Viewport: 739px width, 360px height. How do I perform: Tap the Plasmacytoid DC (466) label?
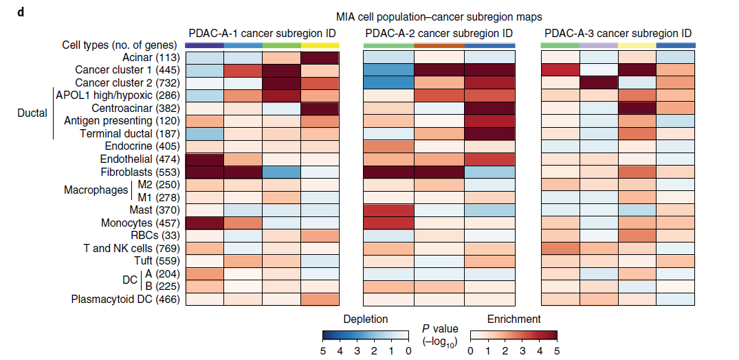click(x=126, y=299)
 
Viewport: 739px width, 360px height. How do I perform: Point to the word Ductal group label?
click(x=32, y=113)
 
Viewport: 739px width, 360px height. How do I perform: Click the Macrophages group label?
click(x=96, y=190)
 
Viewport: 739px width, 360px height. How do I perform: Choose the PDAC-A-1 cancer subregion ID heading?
click(x=263, y=33)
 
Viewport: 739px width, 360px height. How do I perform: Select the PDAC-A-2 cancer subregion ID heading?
click(x=439, y=33)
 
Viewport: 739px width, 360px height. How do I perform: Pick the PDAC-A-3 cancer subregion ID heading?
click(x=618, y=33)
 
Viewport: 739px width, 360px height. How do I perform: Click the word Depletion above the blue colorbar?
click(x=365, y=319)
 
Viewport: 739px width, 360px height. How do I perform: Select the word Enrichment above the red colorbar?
click(x=514, y=319)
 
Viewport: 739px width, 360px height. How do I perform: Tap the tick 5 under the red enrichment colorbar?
click(x=556, y=350)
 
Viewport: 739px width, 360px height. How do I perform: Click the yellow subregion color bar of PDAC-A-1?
click(x=320, y=45)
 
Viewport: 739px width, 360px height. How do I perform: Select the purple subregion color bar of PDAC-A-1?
click(x=204, y=45)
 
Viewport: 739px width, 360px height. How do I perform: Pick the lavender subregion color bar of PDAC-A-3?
click(x=598, y=45)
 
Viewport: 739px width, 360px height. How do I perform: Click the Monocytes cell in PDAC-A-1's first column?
click(x=204, y=223)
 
